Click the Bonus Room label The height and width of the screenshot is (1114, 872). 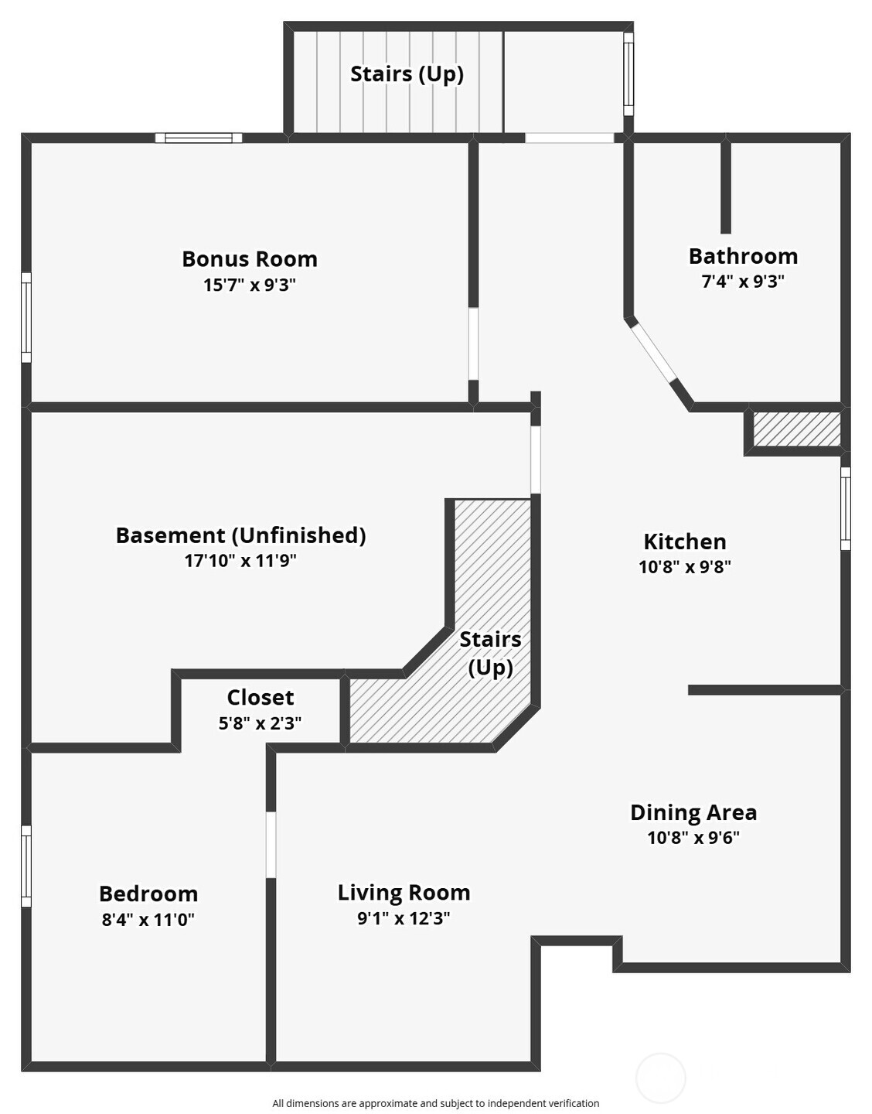[x=249, y=259]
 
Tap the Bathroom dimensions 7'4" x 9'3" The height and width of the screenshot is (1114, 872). [x=742, y=282]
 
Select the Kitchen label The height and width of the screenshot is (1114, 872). [x=684, y=542]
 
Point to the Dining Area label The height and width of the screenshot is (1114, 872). [x=693, y=812]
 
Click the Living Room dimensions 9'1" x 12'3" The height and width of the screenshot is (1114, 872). [x=403, y=918]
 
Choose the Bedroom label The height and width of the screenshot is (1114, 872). [x=148, y=894]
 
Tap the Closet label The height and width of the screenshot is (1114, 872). [x=260, y=698]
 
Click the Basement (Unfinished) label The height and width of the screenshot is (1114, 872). [x=240, y=535]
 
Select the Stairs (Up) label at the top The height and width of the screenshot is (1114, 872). [x=407, y=74]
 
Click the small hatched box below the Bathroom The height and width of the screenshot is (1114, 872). [x=796, y=429]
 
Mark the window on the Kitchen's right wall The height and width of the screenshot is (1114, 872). [x=845, y=508]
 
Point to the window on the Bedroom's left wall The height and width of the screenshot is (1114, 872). [x=26, y=866]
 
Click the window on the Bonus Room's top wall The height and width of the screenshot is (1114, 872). [x=199, y=138]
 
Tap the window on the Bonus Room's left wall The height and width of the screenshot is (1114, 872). [x=26, y=317]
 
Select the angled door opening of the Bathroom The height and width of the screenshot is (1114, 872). [x=652, y=352]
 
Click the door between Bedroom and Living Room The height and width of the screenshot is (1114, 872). [x=271, y=844]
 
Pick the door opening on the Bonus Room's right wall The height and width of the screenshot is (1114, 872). [x=473, y=343]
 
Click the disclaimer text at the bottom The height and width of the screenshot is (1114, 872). [x=435, y=1103]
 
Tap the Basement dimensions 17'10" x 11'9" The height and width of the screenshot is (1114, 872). [x=240, y=561]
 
